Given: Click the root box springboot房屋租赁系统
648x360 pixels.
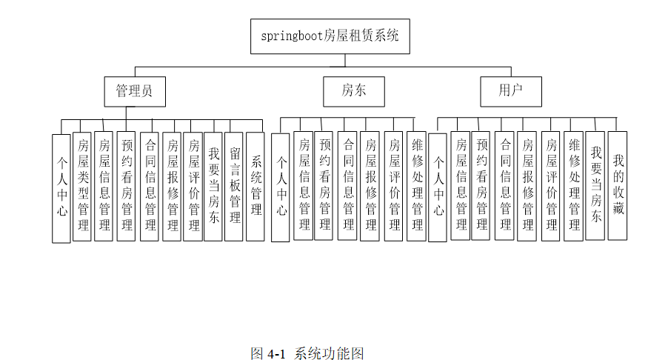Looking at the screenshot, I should [x=330, y=36].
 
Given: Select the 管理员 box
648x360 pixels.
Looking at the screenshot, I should [x=134, y=92].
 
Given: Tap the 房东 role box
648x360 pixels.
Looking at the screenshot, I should [x=353, y=92].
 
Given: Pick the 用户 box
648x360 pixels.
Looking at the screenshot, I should [x=510, y=92].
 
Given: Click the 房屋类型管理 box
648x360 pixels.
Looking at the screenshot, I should [x=82, y=186].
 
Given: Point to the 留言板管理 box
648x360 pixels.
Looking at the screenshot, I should [x=234, y=186].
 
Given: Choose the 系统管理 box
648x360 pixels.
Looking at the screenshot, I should [x=255, y=186].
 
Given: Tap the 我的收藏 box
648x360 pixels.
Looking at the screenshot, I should [x=618, y=185].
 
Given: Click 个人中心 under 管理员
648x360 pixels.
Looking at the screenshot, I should [x=61, y=188].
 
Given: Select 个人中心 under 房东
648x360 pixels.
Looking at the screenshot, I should [x=281, y=187].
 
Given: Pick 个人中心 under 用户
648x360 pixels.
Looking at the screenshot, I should [x=438, y=187].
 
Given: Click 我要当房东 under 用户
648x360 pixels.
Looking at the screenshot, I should [x=595, y=185].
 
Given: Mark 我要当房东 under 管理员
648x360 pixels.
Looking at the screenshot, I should [x=213, y=186].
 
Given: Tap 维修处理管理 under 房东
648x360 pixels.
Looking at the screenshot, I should [x=417, y=185].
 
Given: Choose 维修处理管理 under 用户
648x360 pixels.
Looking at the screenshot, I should [x=574, y=185].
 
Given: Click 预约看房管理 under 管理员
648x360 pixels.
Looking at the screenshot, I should [x=127, y=186].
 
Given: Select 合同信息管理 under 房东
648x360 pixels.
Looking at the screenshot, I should [x=348, y=185].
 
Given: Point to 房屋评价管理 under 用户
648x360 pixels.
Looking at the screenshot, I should [x=551, y=185].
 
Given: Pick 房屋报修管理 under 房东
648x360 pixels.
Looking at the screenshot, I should [x=370, y=185].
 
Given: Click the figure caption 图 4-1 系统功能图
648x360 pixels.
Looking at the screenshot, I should [x=307, y=353].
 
